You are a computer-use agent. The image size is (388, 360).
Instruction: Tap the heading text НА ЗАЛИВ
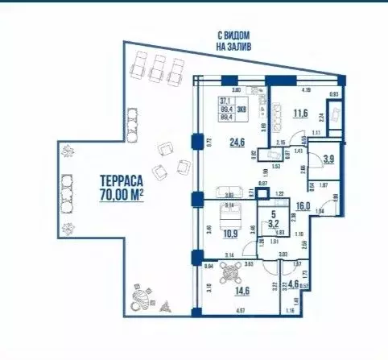coord(233,48)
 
